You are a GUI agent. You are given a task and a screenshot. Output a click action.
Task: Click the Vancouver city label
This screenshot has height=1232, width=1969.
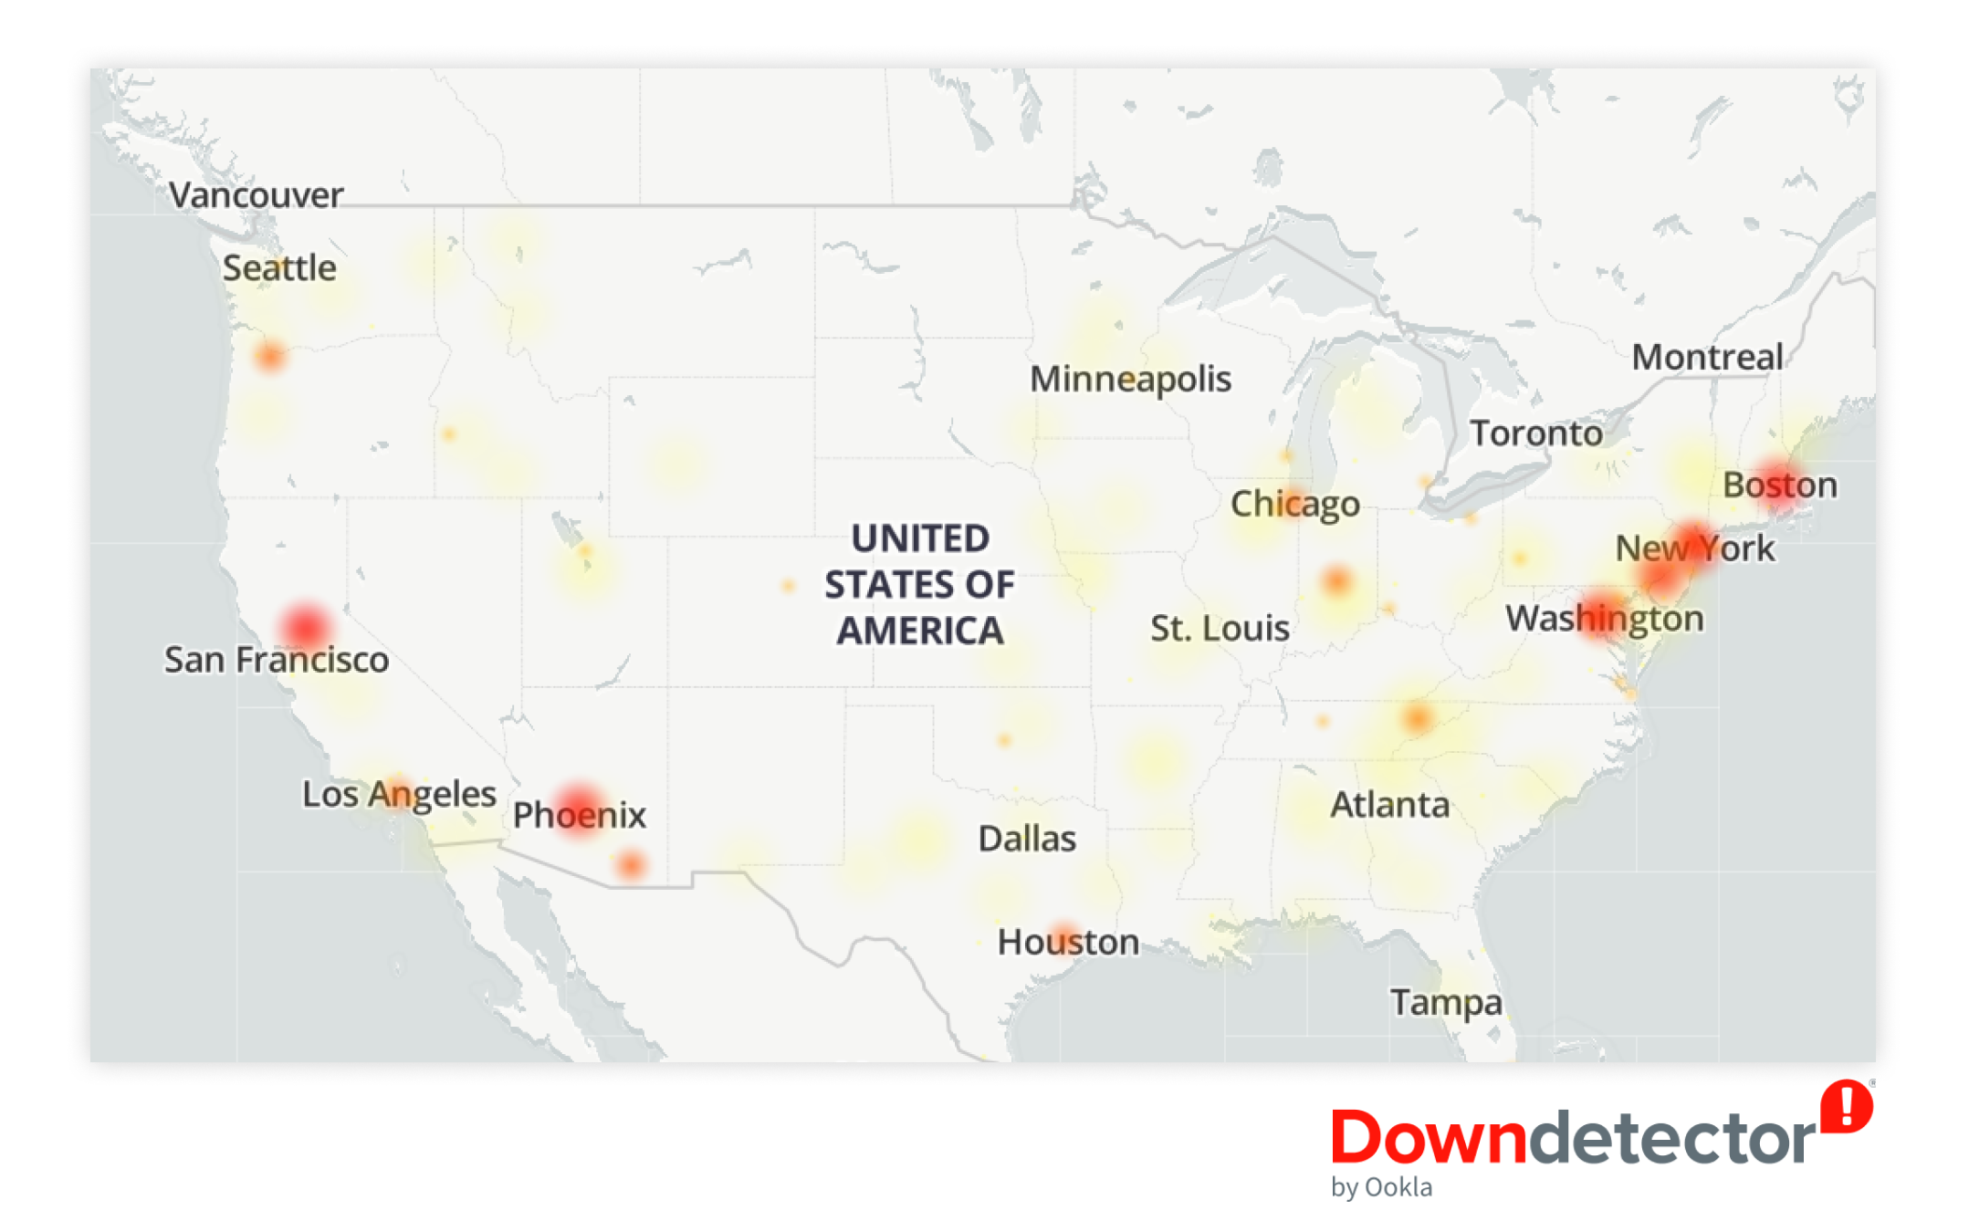256,194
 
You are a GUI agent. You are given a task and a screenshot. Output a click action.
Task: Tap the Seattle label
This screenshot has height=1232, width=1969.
279,267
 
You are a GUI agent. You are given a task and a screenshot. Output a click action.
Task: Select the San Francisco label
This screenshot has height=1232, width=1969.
276,659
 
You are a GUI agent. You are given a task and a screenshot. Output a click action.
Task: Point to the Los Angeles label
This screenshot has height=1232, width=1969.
399,793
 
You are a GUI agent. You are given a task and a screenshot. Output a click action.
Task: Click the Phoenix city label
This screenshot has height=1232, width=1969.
579,814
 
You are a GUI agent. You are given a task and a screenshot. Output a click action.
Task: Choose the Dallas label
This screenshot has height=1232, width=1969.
1026,838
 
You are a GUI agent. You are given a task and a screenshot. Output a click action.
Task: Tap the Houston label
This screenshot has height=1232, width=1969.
1067,941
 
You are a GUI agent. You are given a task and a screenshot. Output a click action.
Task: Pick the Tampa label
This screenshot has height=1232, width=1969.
1445,1002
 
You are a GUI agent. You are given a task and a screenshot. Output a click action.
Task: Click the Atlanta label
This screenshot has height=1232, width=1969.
1389,804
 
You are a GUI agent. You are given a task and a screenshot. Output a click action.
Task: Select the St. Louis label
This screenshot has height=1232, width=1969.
1219,628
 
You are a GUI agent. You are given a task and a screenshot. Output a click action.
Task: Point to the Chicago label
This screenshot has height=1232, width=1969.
1294,503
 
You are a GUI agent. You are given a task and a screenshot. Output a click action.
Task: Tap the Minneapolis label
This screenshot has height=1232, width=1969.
1130,379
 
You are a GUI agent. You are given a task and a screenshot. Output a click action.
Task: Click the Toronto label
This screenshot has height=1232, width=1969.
1535,433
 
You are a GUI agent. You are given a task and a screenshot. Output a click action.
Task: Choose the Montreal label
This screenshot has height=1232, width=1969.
1707,357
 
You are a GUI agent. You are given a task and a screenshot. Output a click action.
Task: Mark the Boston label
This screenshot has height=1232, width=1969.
1779,485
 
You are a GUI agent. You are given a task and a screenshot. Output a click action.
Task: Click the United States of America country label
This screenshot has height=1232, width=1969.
919,584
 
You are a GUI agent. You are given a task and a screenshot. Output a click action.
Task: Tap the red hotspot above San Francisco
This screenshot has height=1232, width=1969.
306,626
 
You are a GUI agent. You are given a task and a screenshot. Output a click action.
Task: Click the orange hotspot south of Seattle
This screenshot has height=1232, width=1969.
270,356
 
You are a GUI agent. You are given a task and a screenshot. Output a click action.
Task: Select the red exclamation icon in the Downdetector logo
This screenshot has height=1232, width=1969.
1846,1107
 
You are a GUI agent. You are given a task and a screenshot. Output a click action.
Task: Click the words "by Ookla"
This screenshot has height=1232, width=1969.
1381,1187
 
